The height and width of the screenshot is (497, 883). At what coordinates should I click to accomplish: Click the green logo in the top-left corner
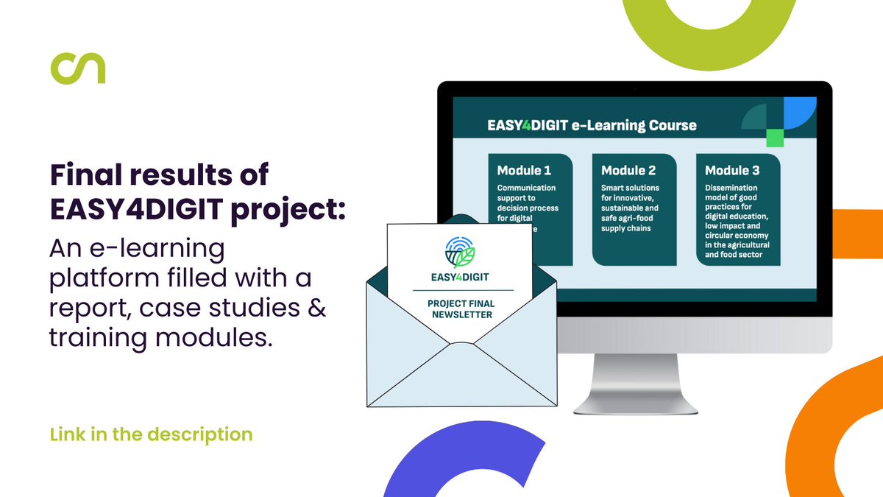point(77,67)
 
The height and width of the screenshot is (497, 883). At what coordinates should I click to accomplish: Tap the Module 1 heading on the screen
point(524,171)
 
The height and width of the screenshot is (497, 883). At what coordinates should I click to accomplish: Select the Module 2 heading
point(628,171)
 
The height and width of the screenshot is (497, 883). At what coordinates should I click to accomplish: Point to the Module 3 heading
point(732,171)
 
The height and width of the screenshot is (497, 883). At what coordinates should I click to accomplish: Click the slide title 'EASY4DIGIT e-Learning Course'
point(592,125)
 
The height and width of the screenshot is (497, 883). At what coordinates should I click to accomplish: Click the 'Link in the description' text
point(151,434)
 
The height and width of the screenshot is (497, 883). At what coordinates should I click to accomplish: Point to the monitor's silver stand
point(634,383)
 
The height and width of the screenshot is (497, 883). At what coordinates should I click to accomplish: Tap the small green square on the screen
point(774,138)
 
